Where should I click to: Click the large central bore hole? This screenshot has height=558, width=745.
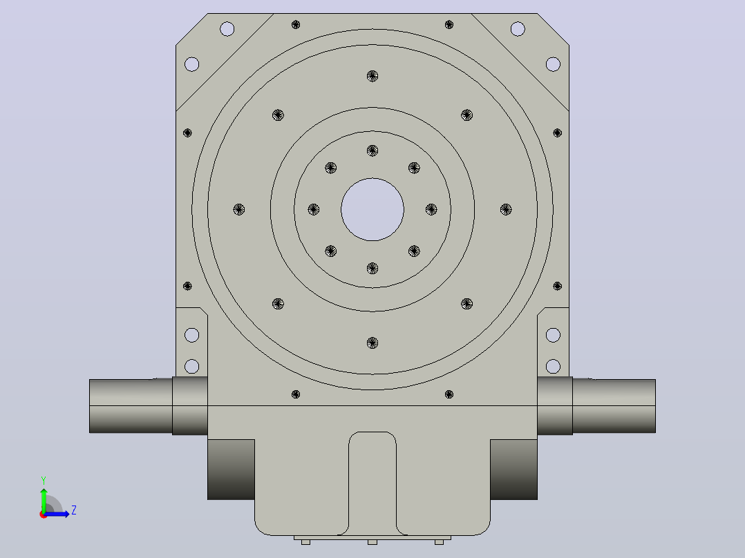click(x=372, y=209)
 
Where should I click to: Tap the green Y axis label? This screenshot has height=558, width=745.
click(x=44, y=481)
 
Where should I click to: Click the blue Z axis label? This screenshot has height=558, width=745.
click(x=74, y=510)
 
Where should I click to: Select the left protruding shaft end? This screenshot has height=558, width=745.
click(x=131, y=406)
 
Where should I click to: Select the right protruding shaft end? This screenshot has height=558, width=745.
click(x=614, y=406)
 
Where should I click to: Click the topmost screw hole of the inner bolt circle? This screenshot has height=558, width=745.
click(x=372, y=151)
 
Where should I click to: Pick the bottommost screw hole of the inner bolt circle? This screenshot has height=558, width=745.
click(x=372, y=269)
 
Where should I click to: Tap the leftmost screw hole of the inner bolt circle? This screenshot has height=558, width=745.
click(x=314, y=209)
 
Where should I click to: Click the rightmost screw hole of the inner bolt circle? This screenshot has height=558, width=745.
click(x=431, y=209)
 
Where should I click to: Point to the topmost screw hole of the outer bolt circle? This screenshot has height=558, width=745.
click(x=372, y=76)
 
